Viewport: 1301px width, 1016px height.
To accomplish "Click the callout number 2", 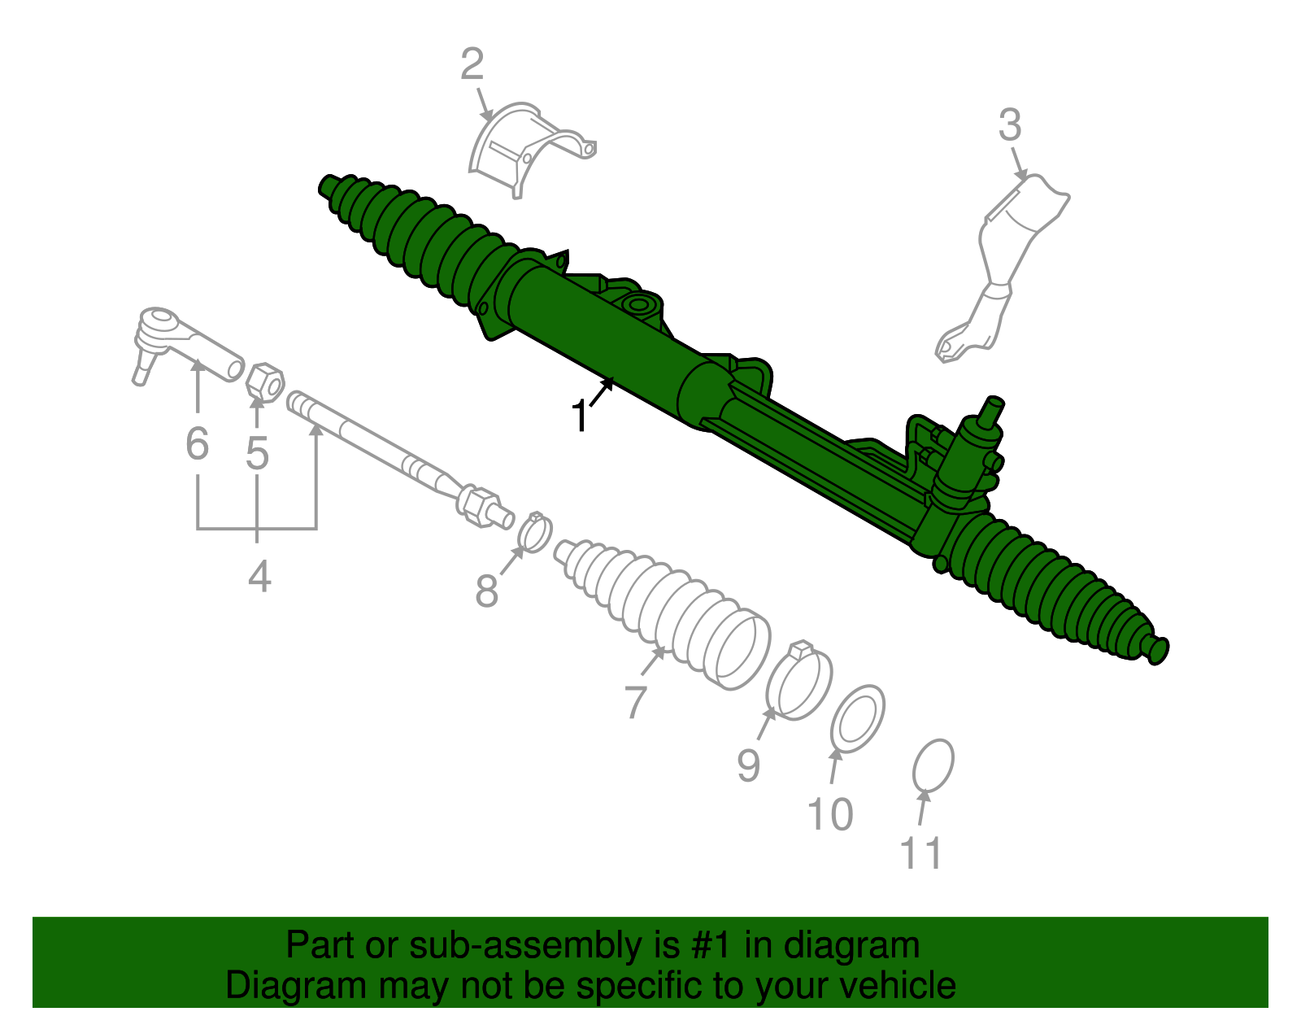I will coord(472,65).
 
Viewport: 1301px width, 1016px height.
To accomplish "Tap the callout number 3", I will coord(1010,126).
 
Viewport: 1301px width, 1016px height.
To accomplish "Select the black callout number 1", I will coord(580,416).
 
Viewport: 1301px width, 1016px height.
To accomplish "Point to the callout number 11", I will coord(921,853).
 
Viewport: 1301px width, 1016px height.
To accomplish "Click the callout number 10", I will coord(830,813).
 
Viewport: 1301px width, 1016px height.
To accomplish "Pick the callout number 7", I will coord(636,701).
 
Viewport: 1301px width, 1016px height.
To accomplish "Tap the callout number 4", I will coord(259,577).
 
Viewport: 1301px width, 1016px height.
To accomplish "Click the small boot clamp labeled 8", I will coord(535,532).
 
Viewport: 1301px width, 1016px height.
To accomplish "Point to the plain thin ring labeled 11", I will coord(933,765).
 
